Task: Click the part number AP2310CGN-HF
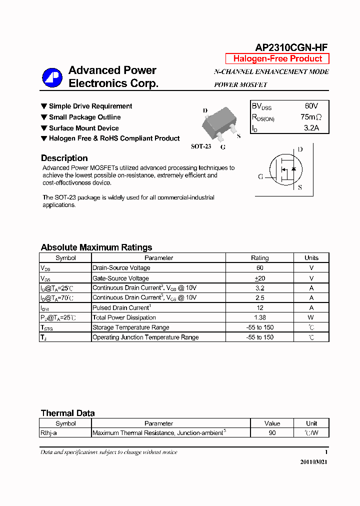pyautogui.click(x=291, y=47)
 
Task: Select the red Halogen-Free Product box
pyautogui.click(x=277, y=58)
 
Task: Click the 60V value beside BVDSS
pyautogui.click(x=311, y=106)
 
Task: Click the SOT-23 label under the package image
pyautogui.click(x=201, y=146)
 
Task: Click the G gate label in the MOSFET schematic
pyautogui.click(x=260, y=176)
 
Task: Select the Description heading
pyautogui.click(x=64, y=158)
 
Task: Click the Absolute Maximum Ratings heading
pyautogui.click(x=96, y=247)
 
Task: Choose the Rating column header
pyautogui.click(x=259, y=258)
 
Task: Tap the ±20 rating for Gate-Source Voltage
pyautogui.click(x=259, y=278)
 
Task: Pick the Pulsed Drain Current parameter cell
pyautogui.click(x=121, y=308)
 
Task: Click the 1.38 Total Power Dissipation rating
pyautogui.click(x=259, y=317)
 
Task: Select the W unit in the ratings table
pyautogui.click(x=311, y=317)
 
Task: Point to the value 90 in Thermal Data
pyautogui.click(x=272, y=433)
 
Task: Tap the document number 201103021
pyautogui.click(x=313, y=462)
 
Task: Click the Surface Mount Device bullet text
pyautogui.click(x=83, y=128)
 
